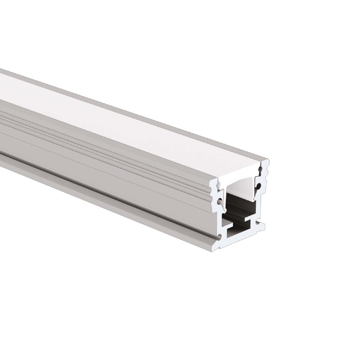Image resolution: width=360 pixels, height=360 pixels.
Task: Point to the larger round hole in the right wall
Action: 259,186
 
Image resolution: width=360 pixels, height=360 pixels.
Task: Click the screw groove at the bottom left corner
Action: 220,237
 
